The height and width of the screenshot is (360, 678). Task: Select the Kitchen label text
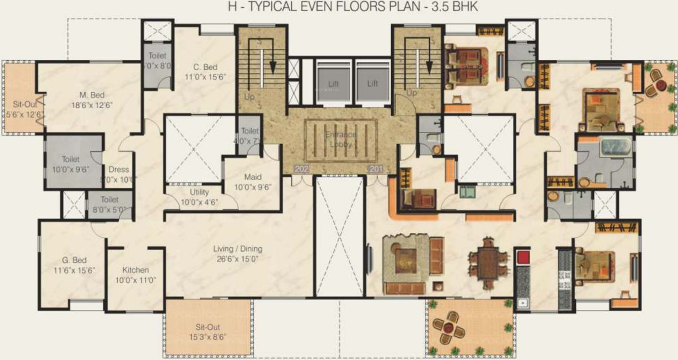(135, 270)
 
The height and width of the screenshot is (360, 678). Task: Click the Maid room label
(252, 177)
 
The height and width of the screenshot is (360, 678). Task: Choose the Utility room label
(199, 192)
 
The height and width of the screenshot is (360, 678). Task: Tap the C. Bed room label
(206, 67)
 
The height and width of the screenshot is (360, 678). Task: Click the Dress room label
(119, 170)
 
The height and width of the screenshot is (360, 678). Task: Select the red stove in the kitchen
(523, 257)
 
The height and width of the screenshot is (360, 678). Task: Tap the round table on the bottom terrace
(448, 328)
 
